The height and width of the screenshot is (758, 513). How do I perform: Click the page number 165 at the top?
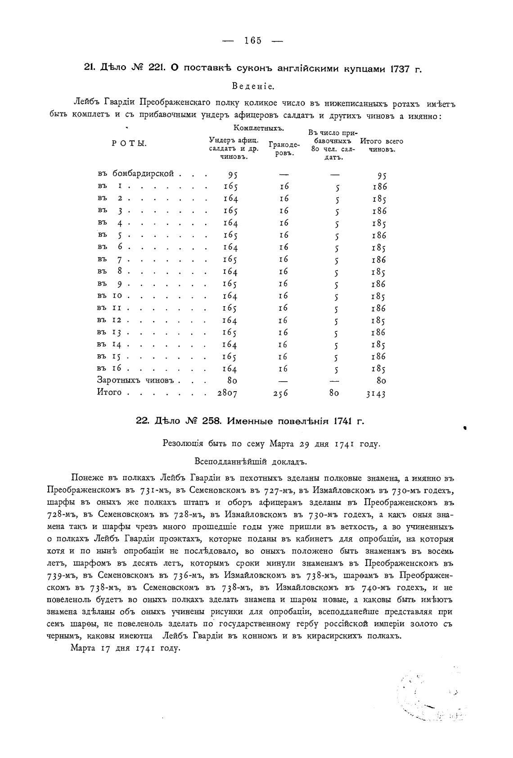[x=253, y=40]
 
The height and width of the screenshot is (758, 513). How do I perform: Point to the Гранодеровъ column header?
[x=284, y=148]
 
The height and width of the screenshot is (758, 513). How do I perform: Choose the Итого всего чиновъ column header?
[x=382, y=145]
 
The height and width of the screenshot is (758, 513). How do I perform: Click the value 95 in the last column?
[x=382, y=175]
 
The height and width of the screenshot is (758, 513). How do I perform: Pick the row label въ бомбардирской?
[x=135, y=174]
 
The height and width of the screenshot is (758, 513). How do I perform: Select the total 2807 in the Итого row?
[x=227, y=393]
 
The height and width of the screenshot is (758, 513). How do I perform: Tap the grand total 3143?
[x=376, y=394]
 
